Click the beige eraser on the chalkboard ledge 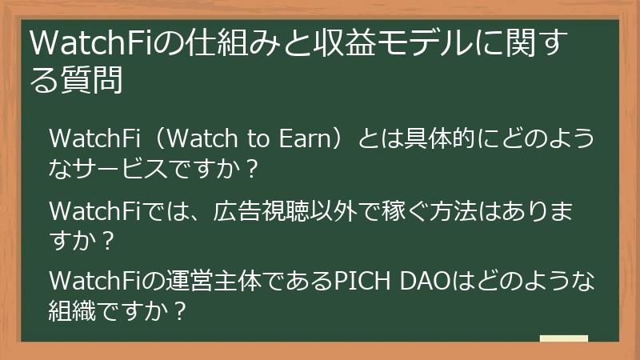(x=563, y=339)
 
